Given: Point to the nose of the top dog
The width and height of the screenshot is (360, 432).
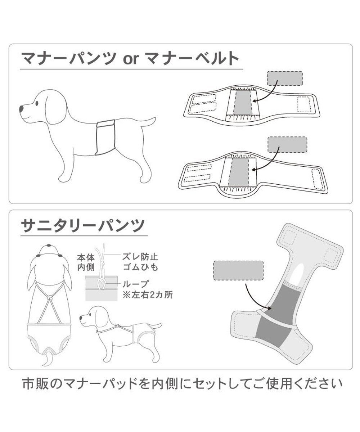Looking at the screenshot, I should click(22, 108).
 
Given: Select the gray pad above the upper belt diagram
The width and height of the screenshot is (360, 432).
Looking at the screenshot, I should click(284, 78).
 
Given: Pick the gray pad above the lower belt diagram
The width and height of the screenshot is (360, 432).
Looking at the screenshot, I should click(288, 144).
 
